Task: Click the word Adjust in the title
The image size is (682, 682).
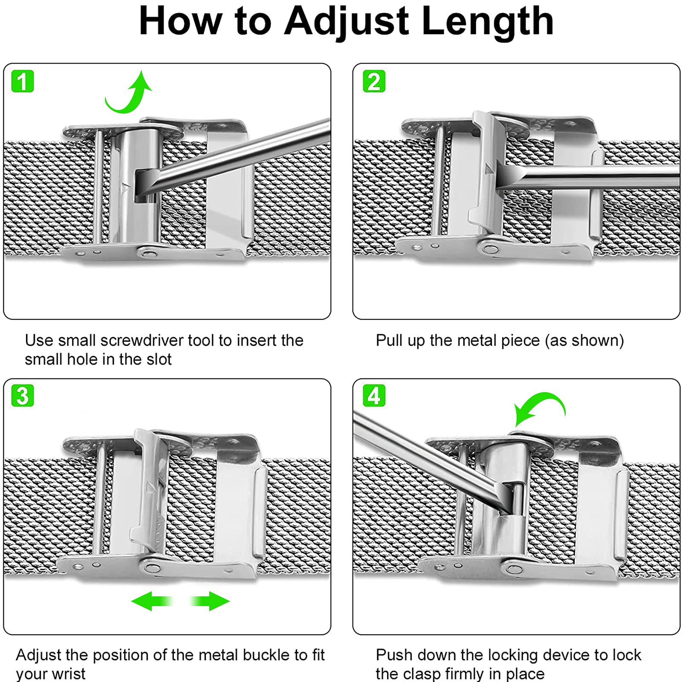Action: coord(347,21)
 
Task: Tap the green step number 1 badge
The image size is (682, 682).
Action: coord(22,81)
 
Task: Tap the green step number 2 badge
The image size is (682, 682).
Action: coord(374,81)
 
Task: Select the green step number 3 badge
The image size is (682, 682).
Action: coord(22,396)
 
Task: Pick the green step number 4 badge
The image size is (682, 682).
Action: coord(374,396)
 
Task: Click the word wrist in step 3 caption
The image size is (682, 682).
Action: coord(68,674)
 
